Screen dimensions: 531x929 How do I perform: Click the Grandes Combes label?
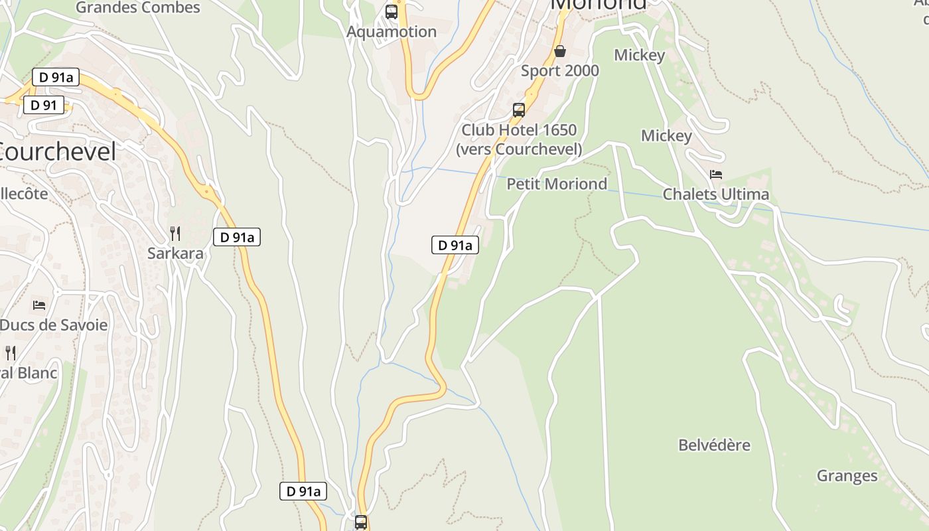[x=138, y=8]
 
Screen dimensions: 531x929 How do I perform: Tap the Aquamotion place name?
[x=392, y=32]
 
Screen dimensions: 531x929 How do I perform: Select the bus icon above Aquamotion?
[x=392, y=11]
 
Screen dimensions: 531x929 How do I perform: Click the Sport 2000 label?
[x=560, y=71]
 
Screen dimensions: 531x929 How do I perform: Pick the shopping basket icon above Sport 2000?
[x=560, y=51]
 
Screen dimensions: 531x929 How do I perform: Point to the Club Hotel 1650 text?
[x=519, y=130]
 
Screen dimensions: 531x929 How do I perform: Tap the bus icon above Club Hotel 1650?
[x=519, y=110]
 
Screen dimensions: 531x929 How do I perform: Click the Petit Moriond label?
[x=557, y=184]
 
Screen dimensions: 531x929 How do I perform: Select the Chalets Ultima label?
[x=716, y=194]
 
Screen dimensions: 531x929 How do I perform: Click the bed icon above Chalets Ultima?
[x=716, y=175]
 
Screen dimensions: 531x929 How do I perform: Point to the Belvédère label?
[x=714, y=445]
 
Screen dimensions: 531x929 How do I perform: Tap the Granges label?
[x=847, y=476]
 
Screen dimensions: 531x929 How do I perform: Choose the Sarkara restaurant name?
[x=175, y=254]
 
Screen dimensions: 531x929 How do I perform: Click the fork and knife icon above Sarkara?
[x=175, y=234]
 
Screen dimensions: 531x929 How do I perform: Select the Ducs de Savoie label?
[x=54, y=325]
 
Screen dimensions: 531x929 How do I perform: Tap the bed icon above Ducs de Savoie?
[x=39, y=305]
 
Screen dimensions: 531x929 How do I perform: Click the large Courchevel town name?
[x=58, y=152]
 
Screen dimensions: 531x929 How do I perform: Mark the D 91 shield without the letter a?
[x=44, y=105]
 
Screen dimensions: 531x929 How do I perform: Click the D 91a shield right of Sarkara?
[x=237, y=237]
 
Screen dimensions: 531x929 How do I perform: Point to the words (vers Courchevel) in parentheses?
[x=519, y=149]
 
